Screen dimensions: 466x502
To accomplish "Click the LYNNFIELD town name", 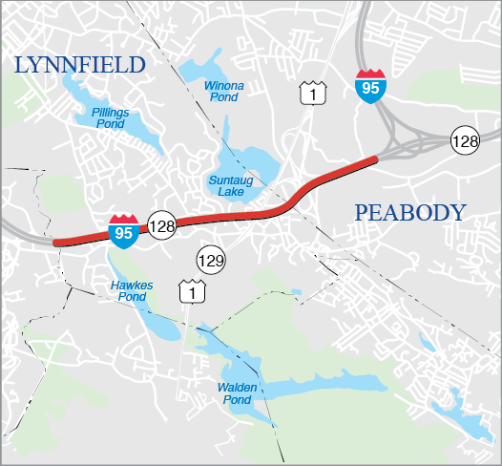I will point(79,65).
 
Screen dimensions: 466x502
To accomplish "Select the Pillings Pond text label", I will point(111,117).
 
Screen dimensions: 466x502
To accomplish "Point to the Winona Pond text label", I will point(224,92).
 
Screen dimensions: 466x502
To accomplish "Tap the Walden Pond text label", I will point(233,392).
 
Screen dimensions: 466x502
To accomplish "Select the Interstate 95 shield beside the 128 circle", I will point(123,230).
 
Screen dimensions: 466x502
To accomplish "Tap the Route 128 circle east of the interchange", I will point(466,140).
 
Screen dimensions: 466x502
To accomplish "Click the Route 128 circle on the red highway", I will point(161,226).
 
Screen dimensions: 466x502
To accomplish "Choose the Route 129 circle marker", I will point(211,259).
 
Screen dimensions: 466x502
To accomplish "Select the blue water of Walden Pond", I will point(286,390).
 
